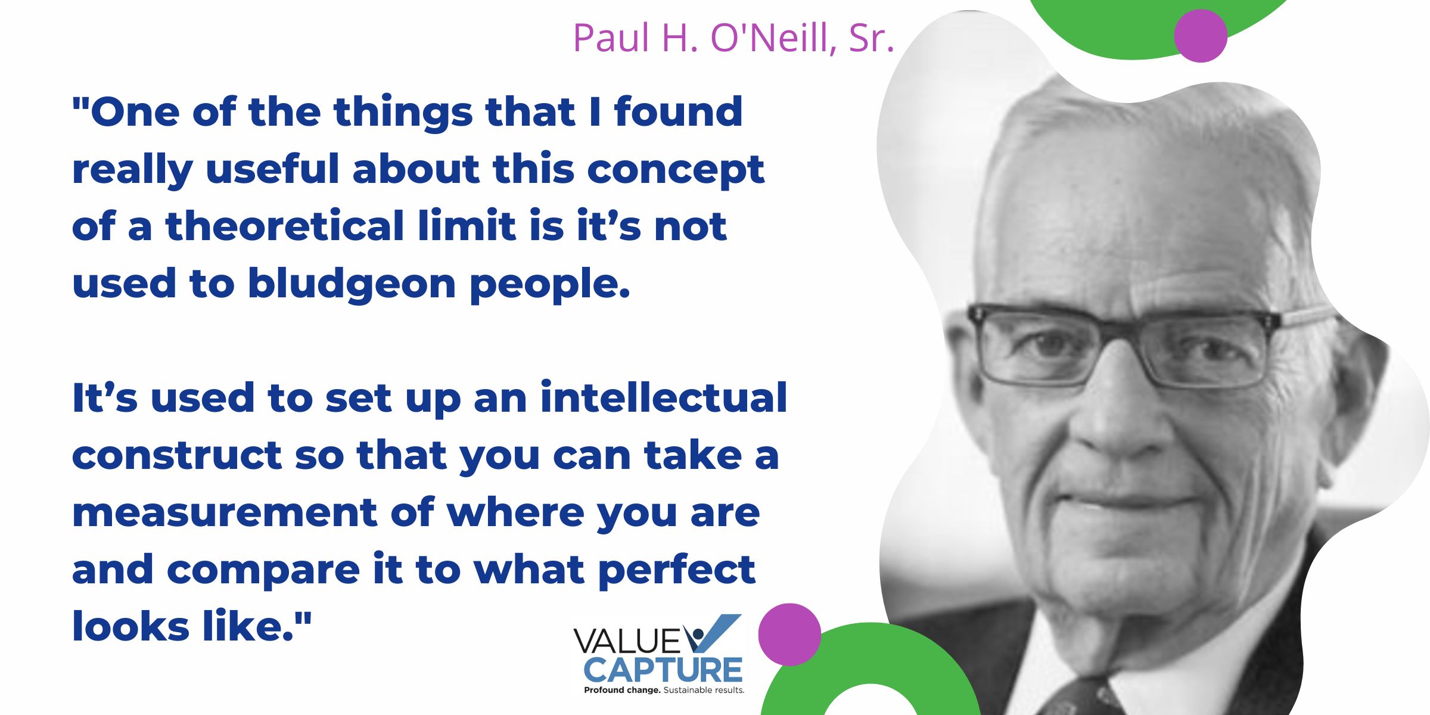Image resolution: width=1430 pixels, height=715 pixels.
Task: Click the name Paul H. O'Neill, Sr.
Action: [x=733, y=38]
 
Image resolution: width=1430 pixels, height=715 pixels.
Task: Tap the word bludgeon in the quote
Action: [x=352, y=284]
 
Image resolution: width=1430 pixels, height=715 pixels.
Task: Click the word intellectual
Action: [x=664, y=397]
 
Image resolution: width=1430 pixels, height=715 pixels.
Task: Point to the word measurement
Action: [x=225, y=513]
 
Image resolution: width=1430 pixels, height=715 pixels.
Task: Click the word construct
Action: [x=177, y=456]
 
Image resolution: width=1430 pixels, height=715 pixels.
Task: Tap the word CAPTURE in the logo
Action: [x=663, y=670]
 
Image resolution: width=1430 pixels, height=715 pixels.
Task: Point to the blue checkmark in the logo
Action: [x=712, y=633]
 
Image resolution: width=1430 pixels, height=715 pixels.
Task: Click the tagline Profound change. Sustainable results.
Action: [x=664, y=690]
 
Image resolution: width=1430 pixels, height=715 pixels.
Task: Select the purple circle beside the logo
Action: [x=789, y=635]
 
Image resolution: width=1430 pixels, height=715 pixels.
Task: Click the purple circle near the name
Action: [x=1201, y=36]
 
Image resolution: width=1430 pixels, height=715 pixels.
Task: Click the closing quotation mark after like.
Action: [x=303, y=618]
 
